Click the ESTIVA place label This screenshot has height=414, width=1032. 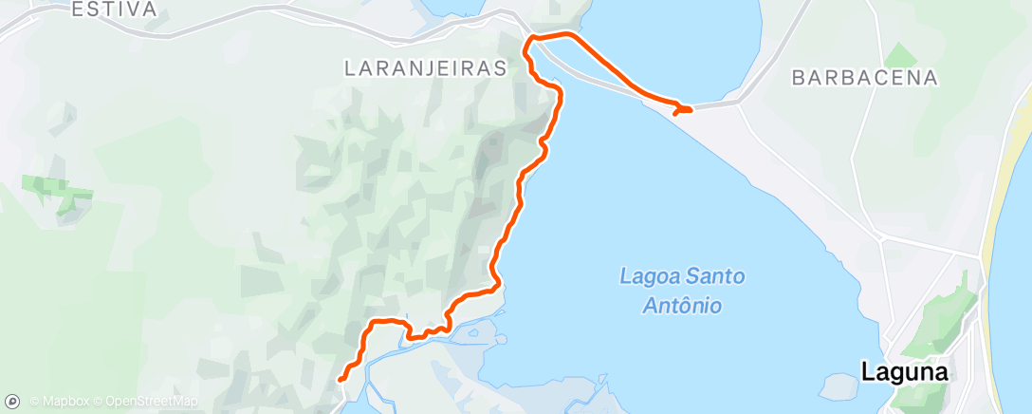[114, 9]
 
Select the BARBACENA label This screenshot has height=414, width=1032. [865, 78]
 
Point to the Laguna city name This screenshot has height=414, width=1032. [905, 372]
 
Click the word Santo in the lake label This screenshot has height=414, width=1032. [716, 277]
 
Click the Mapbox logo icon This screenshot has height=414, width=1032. [13, 401]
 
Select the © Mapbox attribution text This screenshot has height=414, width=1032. [59, 402]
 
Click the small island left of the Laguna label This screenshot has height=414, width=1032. [839, 385]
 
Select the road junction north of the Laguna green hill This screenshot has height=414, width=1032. [980, 255]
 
